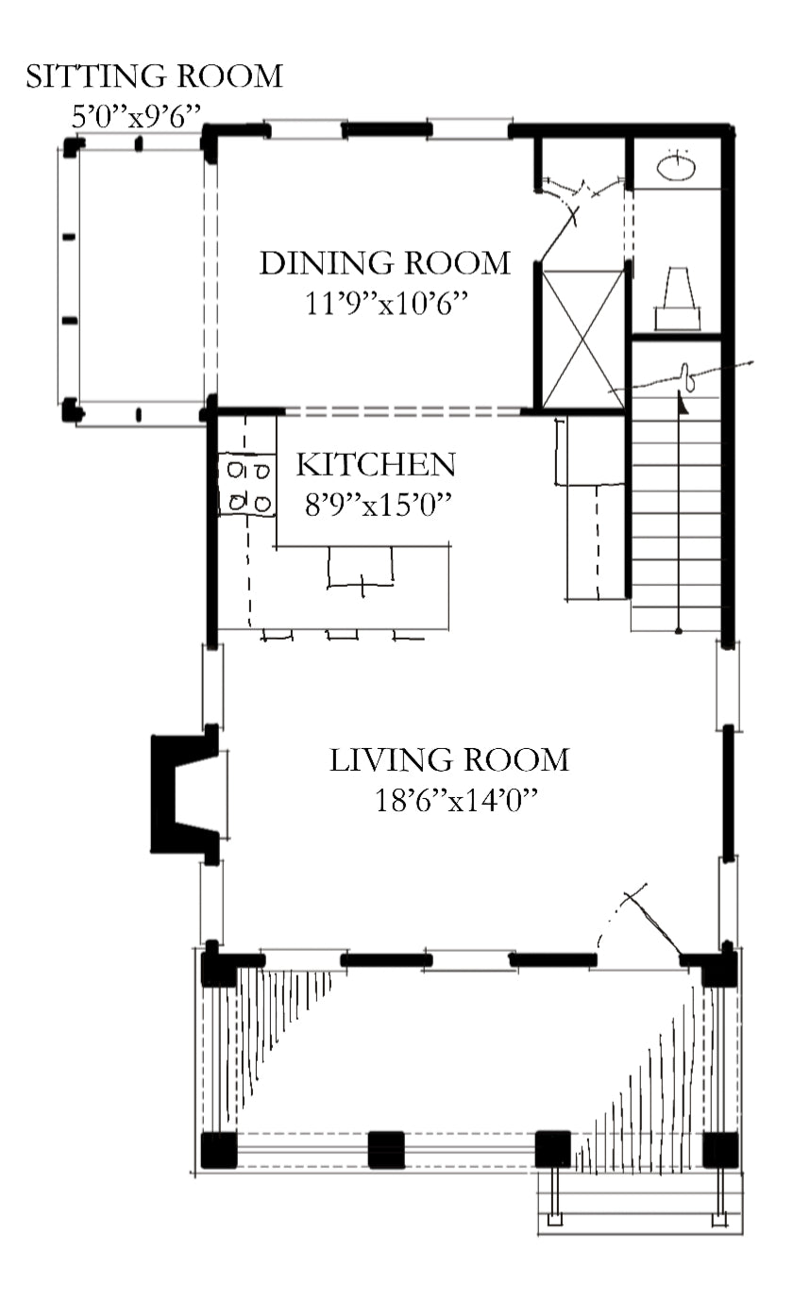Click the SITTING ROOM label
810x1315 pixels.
click(155, 77)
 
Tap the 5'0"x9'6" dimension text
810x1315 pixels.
click(136, 116)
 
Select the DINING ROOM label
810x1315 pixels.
click(385, 263)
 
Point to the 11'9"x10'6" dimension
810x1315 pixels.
click(386, 304)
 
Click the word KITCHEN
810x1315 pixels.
click(376, 465)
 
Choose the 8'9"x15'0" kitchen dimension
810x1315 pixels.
click(378, 504)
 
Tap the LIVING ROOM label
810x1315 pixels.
click(449, 760)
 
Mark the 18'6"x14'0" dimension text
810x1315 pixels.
click(456, 800)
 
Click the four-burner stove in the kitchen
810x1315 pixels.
click(247, 485)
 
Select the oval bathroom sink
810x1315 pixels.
click(676, 167)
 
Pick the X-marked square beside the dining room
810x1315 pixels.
click(582, 340)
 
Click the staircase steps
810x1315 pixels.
click(676, 514)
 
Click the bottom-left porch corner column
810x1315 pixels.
click(218, 1150)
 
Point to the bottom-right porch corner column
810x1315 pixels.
click(720, 1150)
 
